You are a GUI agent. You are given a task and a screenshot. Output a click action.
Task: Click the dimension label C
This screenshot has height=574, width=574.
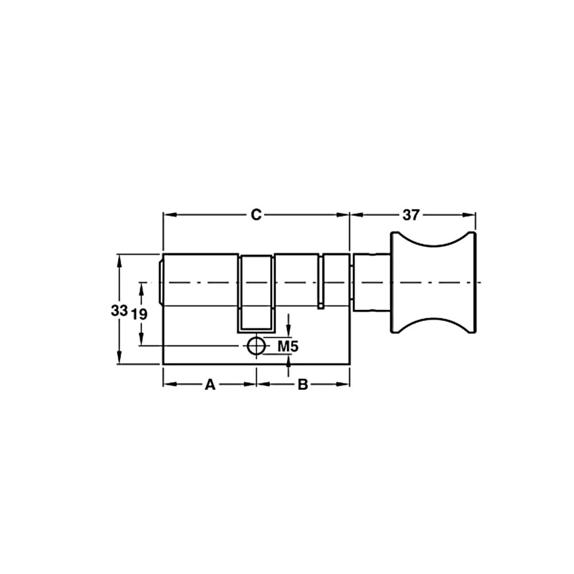pyautogui.click(x=256, y=215)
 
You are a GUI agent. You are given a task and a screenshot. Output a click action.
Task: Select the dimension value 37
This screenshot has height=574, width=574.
pyautogui.click(x=410, y=215)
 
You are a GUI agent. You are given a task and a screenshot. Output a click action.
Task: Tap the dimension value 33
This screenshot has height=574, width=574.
pyautogui.click(x=119, y=311)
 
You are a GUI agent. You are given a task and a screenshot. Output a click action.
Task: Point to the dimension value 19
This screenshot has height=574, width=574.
pyautogui.click(x=139, y=314)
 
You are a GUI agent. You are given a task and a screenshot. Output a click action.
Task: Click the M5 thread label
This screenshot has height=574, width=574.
pyautogui.click(x=288, y=346)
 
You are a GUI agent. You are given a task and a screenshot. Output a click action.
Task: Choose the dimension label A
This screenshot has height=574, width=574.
pyautogui.click(x=210, y=385)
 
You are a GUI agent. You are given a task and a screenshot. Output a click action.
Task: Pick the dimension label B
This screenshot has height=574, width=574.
pyautogui.click(x=302, y=385)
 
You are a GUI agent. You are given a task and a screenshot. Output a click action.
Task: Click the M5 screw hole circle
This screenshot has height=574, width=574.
pyautogui.click(x=256, y=346)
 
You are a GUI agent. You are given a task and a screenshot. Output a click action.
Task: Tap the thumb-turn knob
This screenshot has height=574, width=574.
pyautogui.click(x=434, y=282)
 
